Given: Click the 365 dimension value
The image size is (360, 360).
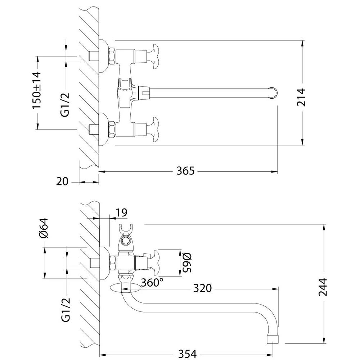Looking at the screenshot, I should point(185,171).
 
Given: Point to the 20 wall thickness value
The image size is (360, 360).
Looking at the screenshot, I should point(62,181).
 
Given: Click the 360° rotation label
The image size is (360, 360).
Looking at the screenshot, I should point(150,283).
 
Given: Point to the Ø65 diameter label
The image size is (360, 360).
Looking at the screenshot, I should point(185,262).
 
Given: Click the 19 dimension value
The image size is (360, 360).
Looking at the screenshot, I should point(121,212).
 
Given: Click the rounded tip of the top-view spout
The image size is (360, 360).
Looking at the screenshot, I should point(274,92).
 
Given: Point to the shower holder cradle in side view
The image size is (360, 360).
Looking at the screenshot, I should point(126,228).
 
